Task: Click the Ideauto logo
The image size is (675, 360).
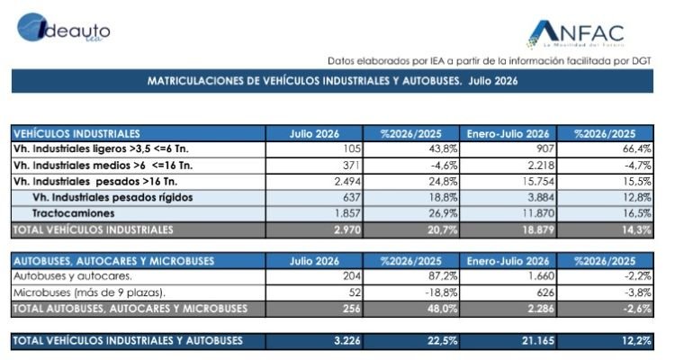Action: pyautogui.click(x=63, y=28)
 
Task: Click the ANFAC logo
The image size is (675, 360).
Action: pyautogui.click(x=576, y=34)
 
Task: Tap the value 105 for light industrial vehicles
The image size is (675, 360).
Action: pyautogui.click(x=352, y=149)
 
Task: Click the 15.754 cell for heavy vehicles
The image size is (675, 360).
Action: pyautogui.click(x=538, y=181)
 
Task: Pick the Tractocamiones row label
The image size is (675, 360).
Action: pyautogui.click(x=73, y=213)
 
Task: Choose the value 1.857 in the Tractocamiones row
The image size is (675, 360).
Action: pyautogui.click(x=347, y=213)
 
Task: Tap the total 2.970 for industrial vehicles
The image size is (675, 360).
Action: pyautogui.click(x=347, y=230)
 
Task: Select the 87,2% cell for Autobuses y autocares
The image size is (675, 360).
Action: pyautogui.click(x=443, y=276)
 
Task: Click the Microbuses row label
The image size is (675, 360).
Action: pyautogui.click(x=89, y=292)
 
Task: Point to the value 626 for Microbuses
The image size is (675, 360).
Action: pyautogui.click(x=545, y=292)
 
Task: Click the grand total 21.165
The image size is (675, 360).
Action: pyautogui.click(x=538, y=341)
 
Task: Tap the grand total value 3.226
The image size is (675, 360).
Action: pyautogui.click(x=347, y=341)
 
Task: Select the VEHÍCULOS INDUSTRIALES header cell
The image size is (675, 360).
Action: pyautogui.click(x=139, y=133)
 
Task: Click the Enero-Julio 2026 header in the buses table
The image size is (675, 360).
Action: pyautogui.click(x=508, y=261)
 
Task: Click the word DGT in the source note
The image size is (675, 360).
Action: pyautogui.click(x=642, y=61)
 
